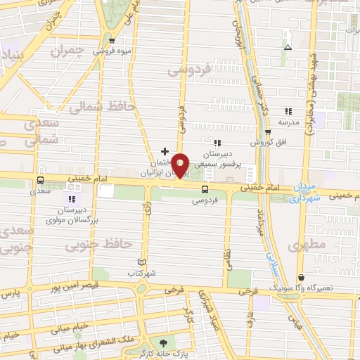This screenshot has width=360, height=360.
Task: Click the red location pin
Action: point(181,165)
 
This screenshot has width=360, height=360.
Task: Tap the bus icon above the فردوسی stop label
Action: point(205,189)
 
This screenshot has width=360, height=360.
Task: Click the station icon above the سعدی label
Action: point(39,179)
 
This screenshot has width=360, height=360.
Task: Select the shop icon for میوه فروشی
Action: point(112,40)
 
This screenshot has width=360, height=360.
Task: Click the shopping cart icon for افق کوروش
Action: point(268,132)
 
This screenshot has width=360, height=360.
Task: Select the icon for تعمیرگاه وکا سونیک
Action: point(302,278)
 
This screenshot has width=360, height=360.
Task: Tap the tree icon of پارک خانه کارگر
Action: point(165,343)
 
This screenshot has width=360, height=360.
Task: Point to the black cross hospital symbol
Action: point(165,150)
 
